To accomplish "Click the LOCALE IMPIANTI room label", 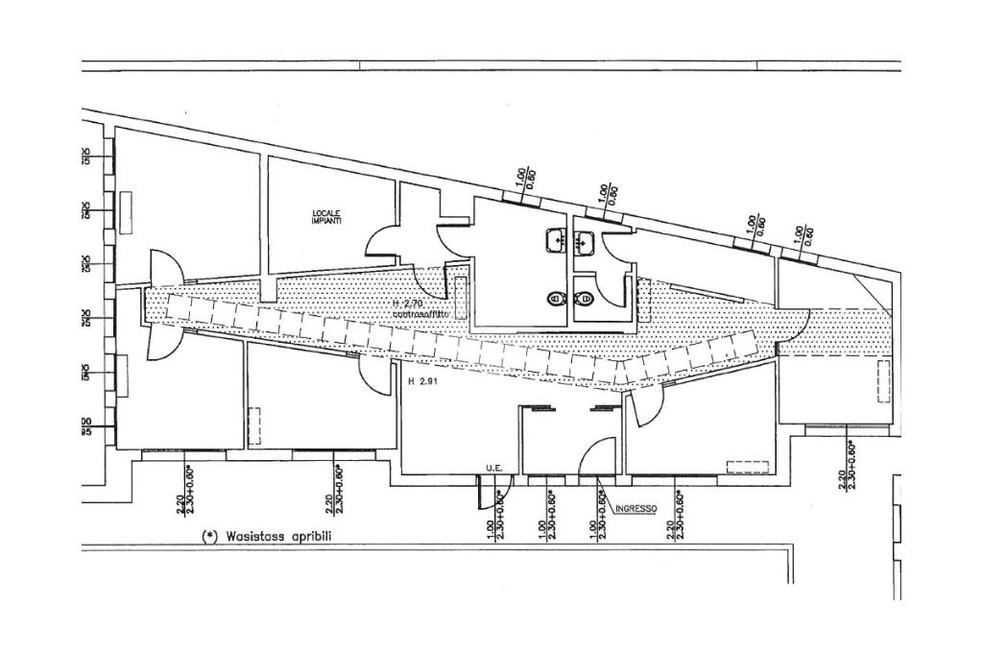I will (326, 217).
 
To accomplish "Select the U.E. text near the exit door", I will (494, 468).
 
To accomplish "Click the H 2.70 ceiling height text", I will (407, 303).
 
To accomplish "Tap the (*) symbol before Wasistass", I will (209, 536).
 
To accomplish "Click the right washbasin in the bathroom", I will (583, 241).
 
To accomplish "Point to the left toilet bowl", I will (555, 300).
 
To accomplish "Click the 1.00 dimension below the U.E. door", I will (491, 528).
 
